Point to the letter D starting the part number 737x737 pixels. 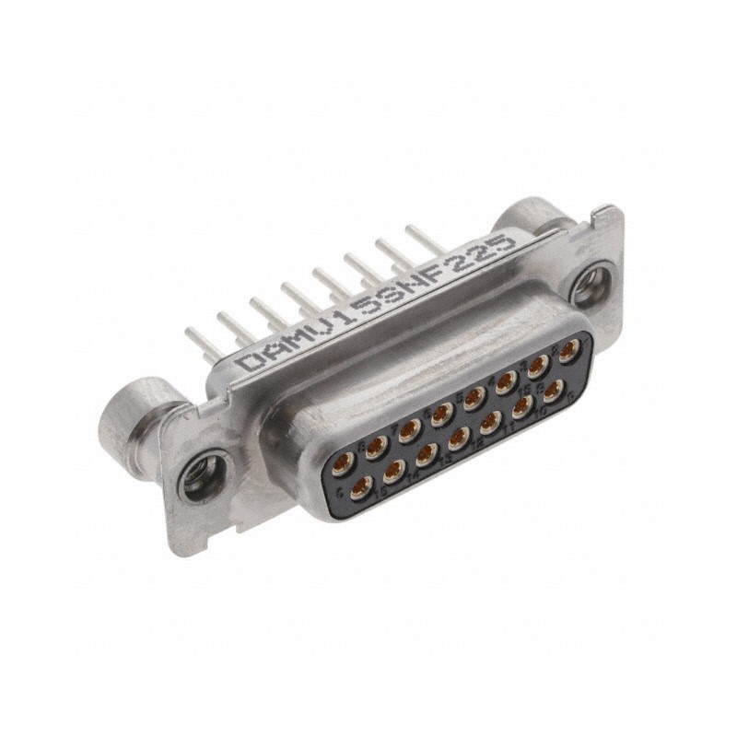[246, 361]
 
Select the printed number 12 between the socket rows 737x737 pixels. [478, 444]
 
